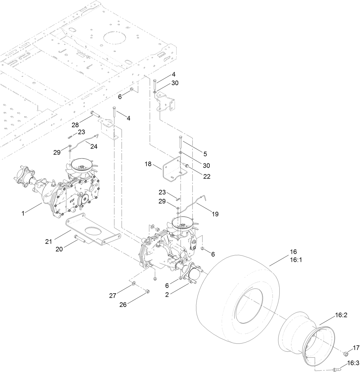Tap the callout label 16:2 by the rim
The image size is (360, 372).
[341, 315]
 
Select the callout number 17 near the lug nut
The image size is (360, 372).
[356, 348]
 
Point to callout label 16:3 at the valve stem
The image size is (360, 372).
[353, 363]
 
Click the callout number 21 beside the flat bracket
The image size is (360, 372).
[48, 241]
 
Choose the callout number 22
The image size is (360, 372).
[207, 176]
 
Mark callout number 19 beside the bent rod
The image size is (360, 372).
[215, 213]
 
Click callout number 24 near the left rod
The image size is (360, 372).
[94, 147]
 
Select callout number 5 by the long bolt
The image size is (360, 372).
[205, 154]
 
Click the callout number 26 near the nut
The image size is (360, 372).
[123, 305]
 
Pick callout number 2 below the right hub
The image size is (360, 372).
[167, 295]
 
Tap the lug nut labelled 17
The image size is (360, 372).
[345, 354]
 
